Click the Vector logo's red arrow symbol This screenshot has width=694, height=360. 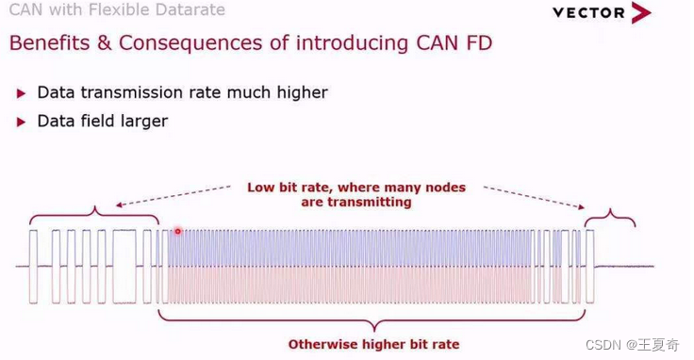[641, 12]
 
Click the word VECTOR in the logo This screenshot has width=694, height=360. [588, 13]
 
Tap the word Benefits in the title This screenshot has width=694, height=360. [50, 43]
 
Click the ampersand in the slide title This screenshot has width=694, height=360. [105, 43]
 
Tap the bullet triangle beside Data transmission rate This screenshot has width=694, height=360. [21, 93]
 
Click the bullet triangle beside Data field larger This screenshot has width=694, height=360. [21, 123]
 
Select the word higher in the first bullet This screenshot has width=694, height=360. [303, 93]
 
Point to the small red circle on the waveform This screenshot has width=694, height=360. [178, 231]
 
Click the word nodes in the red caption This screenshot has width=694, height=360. [445, 188]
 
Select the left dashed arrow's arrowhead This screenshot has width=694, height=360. [120, 205]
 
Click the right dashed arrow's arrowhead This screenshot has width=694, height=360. [581, 205]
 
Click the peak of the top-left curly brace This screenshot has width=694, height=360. [94, 206]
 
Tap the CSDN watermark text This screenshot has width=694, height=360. [632, 345]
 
